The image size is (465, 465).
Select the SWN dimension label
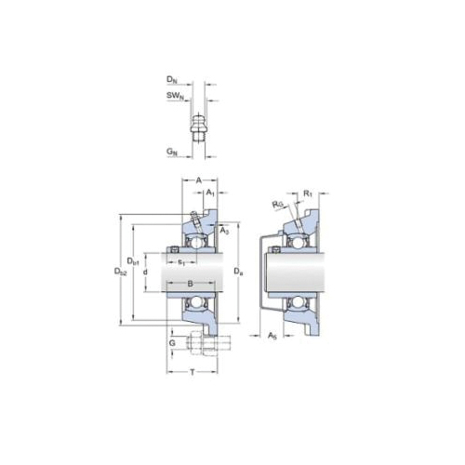[x=174, y=97]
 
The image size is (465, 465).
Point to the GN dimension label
[x=173, y=151]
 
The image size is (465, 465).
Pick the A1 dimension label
[x=210, y=193]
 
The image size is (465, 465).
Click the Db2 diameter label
[x=120, y=271]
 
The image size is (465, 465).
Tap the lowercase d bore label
[x=147, y=271]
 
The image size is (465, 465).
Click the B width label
[x=190, y=282]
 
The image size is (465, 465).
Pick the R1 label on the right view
[x=307, y=193]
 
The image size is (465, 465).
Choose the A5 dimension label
[x=271, y=334]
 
